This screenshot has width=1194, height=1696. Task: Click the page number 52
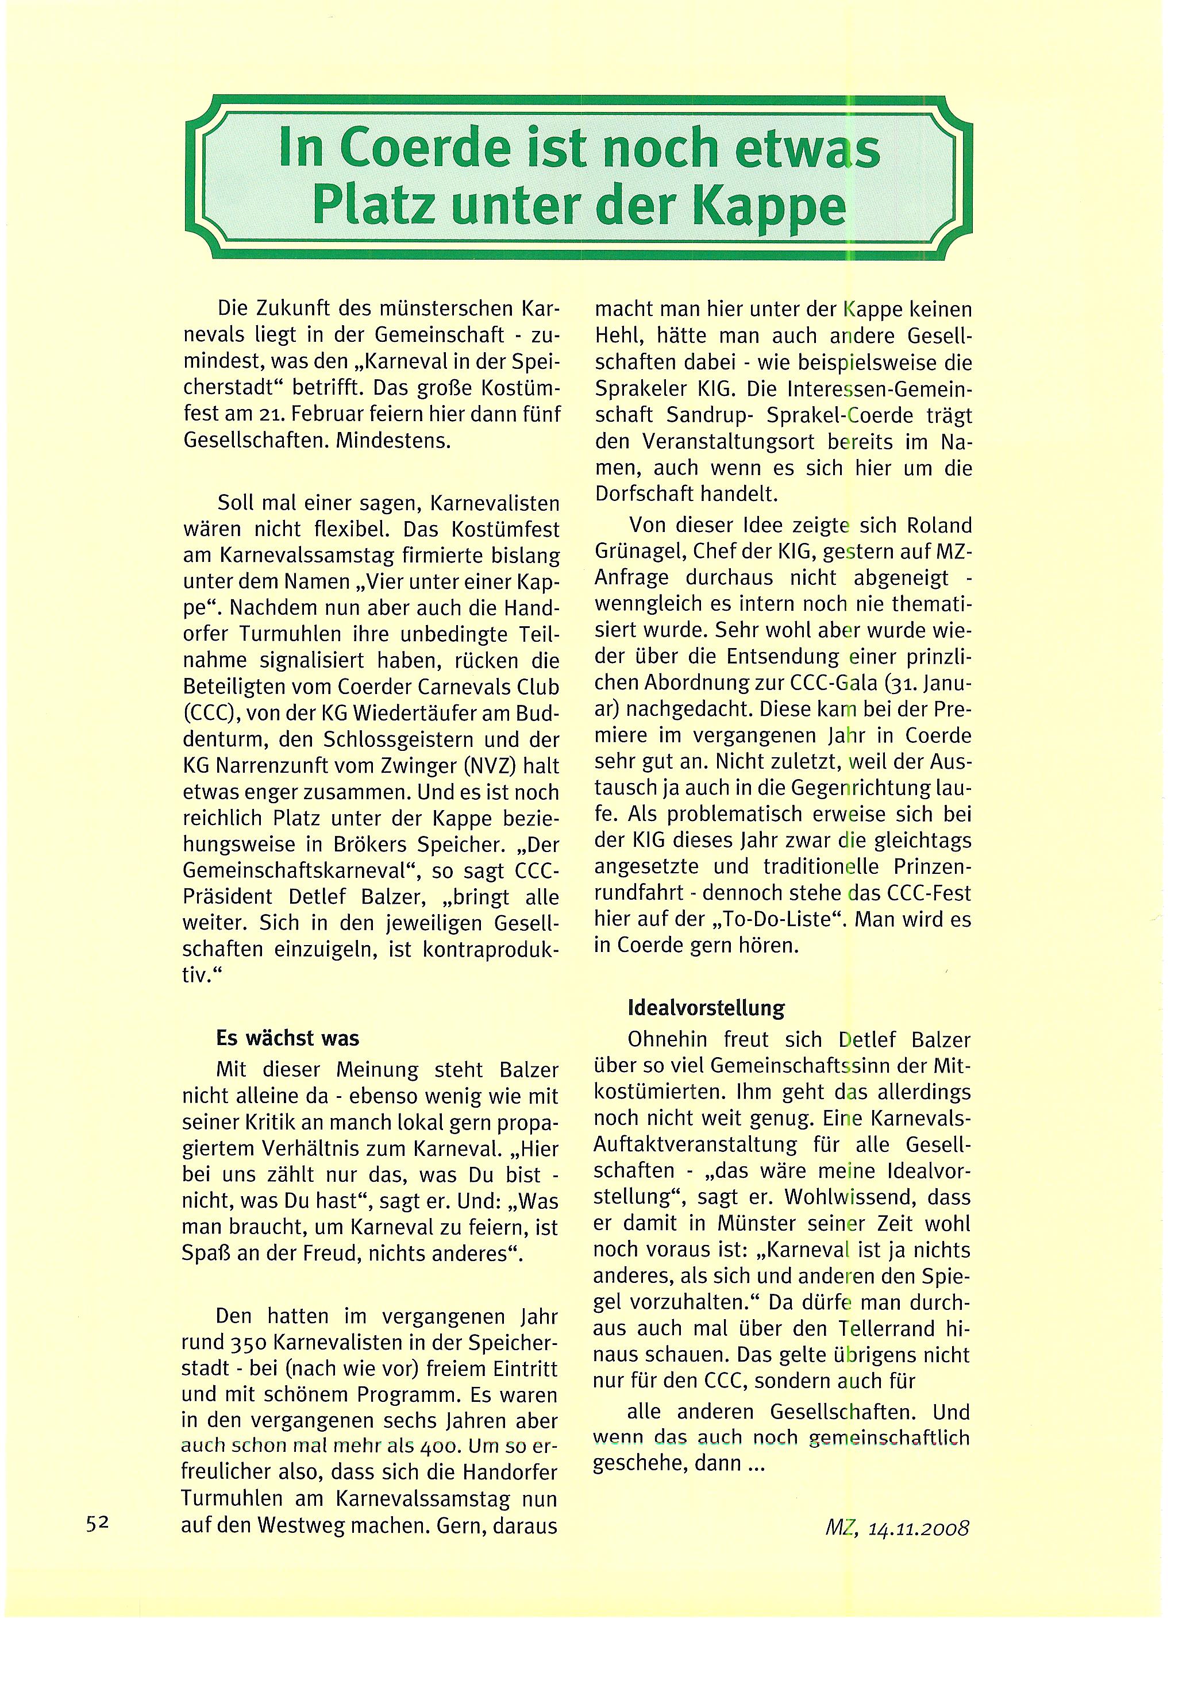tap(98, 1522)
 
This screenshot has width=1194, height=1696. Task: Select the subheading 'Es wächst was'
tap(287, 1038)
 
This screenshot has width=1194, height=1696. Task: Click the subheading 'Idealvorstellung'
tap(706, 1008)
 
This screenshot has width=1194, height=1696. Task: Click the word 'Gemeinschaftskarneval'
tap(297, 871)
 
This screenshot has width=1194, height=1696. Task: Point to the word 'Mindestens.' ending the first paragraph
tap(392, 441)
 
